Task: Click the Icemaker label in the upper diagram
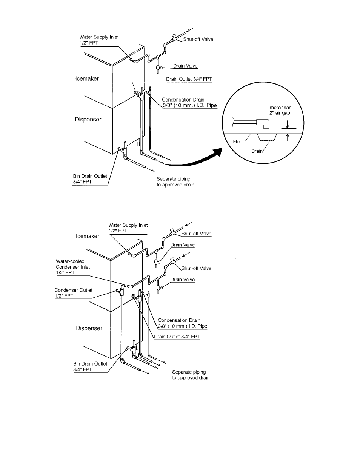(87, 79)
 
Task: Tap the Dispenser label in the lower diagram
(89, 328)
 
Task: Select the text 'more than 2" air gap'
(280, 110)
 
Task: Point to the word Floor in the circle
(238, 142)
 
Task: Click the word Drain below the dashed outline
(257, 151)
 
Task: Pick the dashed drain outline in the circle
(267, 137)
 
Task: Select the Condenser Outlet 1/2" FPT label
(73, 293)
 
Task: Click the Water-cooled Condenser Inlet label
(73, 267)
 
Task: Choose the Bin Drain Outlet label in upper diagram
(90, 179)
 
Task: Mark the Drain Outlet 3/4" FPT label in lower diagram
(177, 337)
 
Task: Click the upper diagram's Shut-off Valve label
(198, 39)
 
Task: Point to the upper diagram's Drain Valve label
(185, 66)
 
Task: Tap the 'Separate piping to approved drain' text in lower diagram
(191, 375)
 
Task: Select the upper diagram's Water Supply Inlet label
(99, 40)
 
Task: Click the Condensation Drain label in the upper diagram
(189, 103)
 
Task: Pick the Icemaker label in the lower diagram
(88, 236)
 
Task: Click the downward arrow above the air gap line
(288, 125)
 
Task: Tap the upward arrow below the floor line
(288, 137)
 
